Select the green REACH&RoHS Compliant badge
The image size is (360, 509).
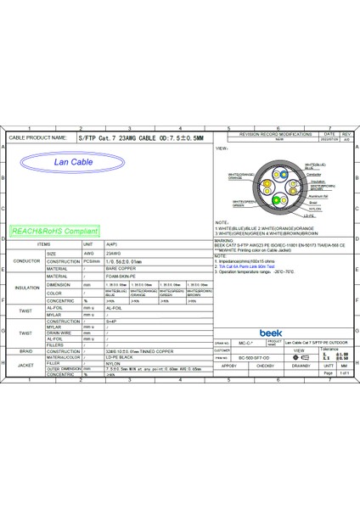click(51, 230)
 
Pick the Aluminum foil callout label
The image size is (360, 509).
click(317, 195)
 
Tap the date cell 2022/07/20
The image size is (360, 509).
click(328, 141)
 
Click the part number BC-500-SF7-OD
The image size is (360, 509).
click(253, 358)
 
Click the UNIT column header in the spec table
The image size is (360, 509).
click(88, 243)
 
